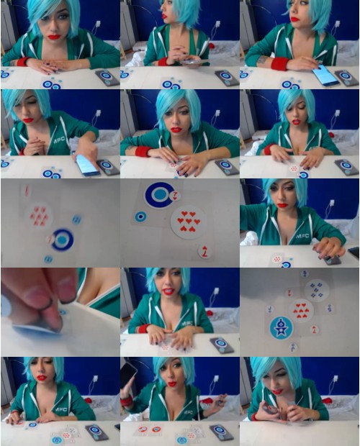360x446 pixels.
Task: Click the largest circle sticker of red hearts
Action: coord(189,223)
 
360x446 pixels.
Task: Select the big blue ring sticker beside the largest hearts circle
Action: coord(159,194)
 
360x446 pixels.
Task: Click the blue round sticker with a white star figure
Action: coord(281,327)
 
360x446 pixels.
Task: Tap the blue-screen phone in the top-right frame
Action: coord(325,75)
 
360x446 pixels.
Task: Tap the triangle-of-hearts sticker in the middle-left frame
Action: coord(40,215)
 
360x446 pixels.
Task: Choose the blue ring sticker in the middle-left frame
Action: coord(62,240)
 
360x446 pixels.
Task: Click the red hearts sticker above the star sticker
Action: coord(301,310)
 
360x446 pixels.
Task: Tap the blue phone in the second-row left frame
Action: coord(87,165)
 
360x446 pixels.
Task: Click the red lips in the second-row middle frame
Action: coord(176,130)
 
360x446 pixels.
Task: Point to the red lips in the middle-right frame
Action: coord(282,205)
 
